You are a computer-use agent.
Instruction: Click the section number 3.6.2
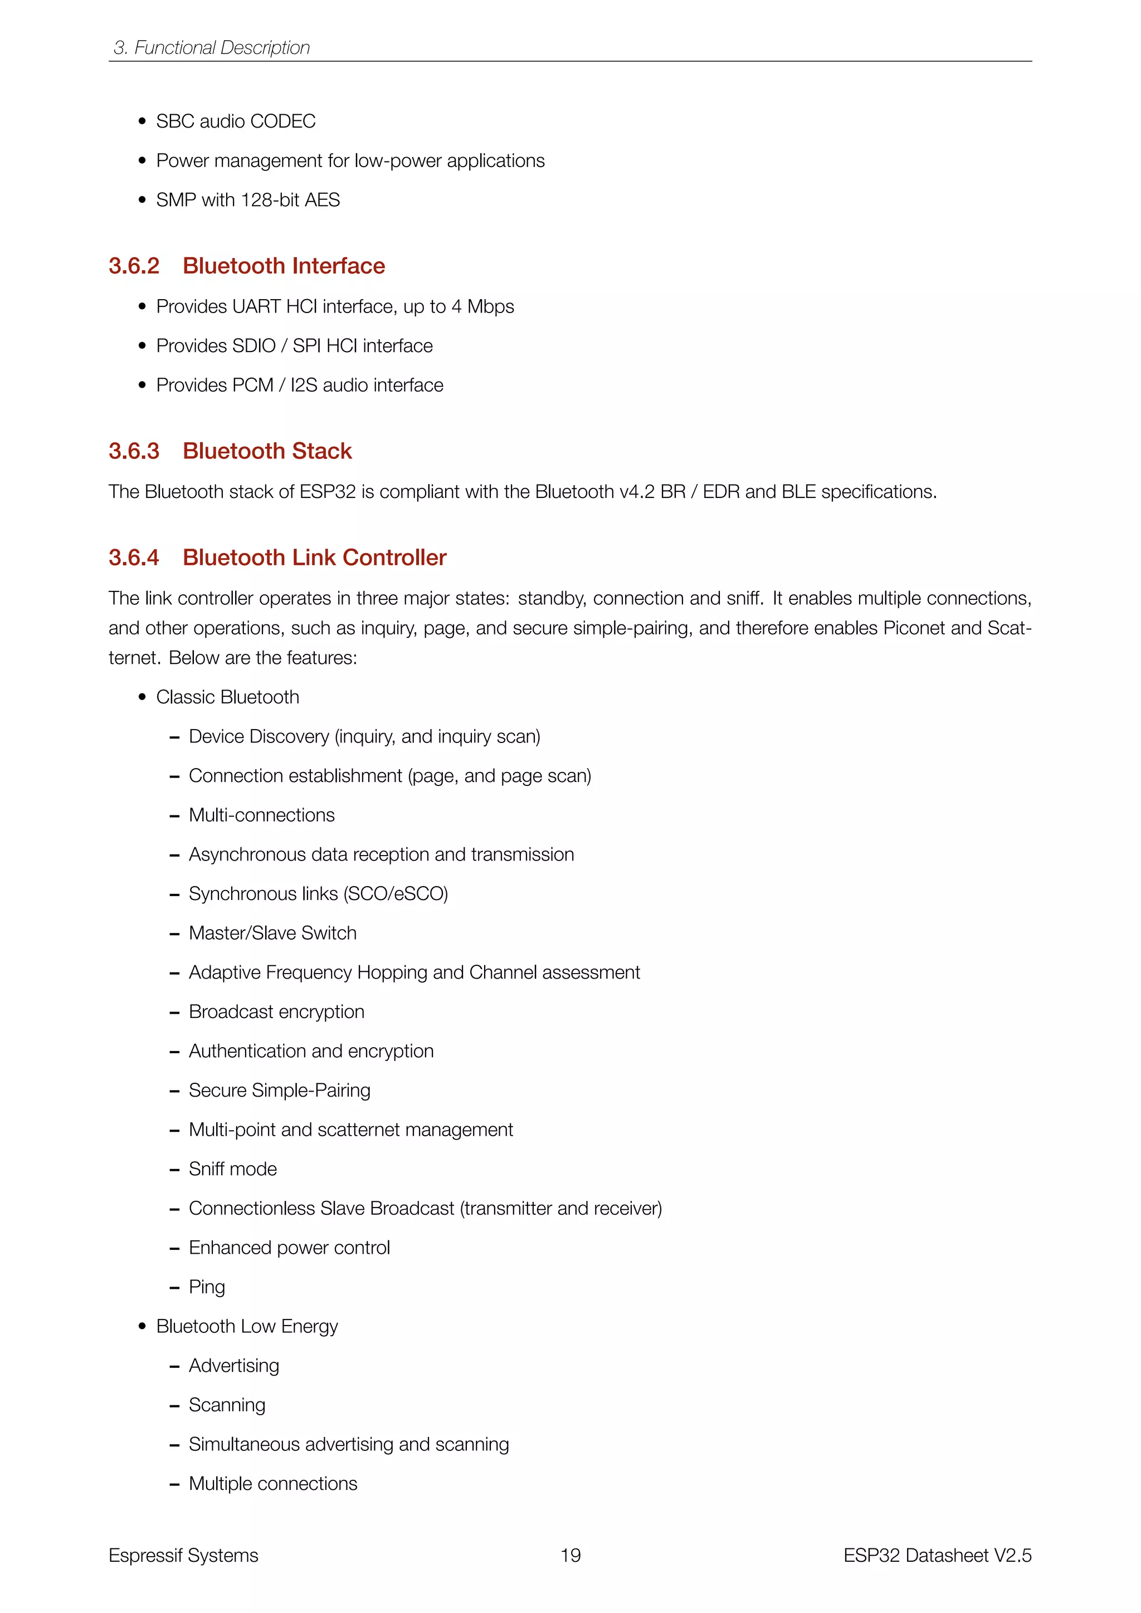pos(134,266)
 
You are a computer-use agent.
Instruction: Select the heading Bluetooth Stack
pos(267,451)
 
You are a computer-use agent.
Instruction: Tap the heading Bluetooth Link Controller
pos(314,558)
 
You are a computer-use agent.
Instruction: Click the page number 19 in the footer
pos(570,1556)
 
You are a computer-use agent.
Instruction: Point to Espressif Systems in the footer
pos(183,1556)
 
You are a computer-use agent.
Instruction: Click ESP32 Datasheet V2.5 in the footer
pos(937,1556)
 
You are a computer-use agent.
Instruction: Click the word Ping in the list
pos(207,1287)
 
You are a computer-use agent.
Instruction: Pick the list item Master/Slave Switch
pos(272,933)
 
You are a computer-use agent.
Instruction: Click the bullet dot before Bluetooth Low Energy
pos(143,1326)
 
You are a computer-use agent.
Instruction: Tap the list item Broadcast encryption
pos(276,1011)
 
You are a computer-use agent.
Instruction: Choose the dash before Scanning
pos(174,1406)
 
